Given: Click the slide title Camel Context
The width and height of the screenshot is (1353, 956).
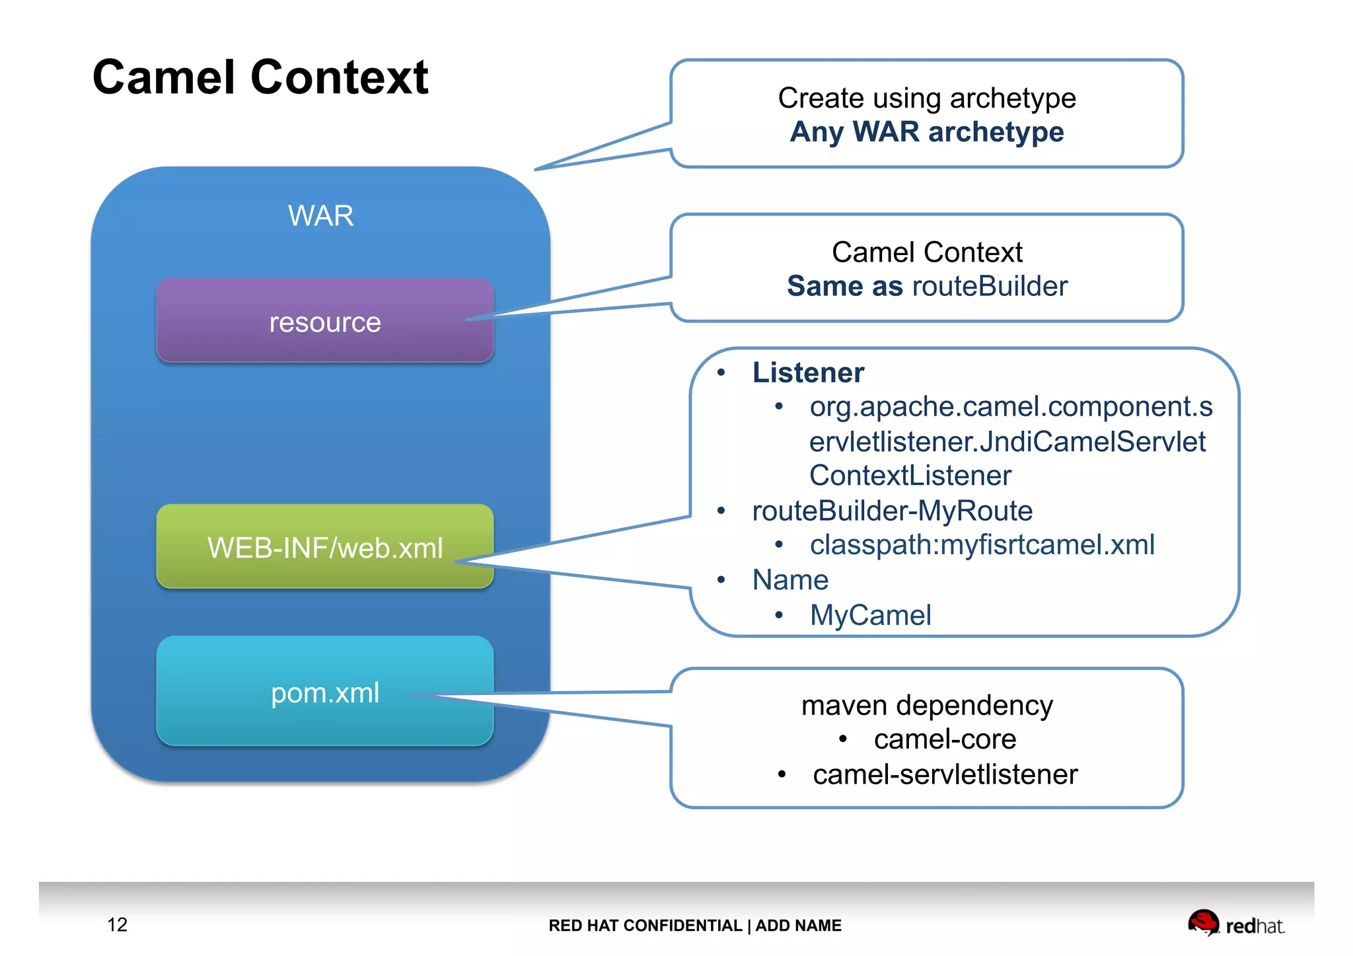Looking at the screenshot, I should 260,77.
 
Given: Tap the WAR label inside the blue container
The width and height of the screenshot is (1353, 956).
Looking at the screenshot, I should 320,216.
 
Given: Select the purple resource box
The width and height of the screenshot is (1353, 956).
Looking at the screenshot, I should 324,321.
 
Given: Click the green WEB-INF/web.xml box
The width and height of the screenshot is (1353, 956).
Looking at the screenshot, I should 324,547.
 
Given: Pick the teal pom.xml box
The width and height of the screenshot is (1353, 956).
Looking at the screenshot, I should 324,692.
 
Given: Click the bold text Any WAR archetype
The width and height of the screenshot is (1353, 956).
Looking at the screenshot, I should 926,131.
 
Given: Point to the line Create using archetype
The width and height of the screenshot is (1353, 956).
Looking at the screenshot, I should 926,98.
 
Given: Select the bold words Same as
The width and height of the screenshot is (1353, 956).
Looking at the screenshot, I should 844,286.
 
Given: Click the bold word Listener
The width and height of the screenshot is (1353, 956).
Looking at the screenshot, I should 807,373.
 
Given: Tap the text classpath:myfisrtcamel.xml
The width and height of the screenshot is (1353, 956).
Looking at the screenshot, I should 982,544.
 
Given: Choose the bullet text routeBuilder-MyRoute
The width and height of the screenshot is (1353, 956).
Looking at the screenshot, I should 892,511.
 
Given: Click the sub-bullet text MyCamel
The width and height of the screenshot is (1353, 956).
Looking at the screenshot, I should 870,615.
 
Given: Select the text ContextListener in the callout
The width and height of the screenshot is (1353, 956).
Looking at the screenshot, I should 910,476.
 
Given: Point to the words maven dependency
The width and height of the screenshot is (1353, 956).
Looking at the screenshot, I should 926,705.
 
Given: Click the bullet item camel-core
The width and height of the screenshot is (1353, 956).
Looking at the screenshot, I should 945,739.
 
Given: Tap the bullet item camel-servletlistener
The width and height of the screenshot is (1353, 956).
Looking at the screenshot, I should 945,774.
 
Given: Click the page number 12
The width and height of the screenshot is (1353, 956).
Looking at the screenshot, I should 117,924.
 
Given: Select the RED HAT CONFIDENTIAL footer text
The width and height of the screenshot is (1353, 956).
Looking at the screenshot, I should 645,926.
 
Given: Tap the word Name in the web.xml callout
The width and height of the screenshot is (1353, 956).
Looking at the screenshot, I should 790,579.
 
